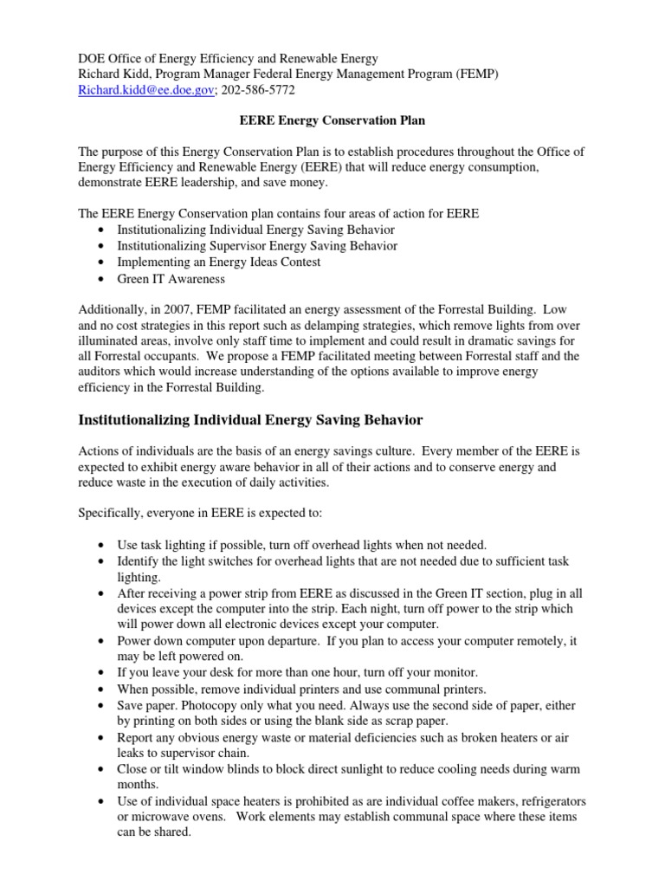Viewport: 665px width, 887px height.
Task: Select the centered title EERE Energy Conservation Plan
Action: pos(332,122)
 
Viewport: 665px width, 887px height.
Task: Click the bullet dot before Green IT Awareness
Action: pos(103,279)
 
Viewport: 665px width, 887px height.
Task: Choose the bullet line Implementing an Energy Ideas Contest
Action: pos(219,262)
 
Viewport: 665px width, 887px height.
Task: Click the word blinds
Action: pos(221,769)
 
